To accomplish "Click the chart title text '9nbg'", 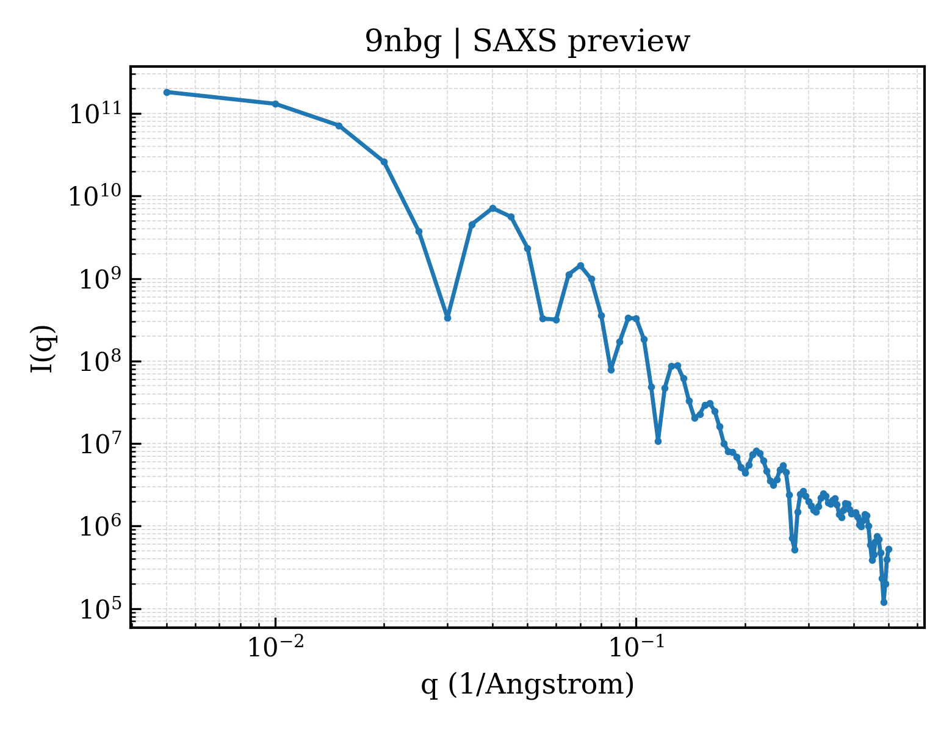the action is coord(403,43).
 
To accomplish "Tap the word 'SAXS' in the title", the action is coord(514,41).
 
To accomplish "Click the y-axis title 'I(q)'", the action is coord(43,348).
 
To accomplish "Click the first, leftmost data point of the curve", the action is coord(167,92).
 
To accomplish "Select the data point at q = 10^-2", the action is coord(276,104).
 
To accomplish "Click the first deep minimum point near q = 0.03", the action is coord(447,318).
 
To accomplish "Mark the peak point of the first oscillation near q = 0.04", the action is coord(493,208).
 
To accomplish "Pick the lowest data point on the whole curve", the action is coord(884,603).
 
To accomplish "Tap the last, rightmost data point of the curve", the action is coord(889,549).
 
